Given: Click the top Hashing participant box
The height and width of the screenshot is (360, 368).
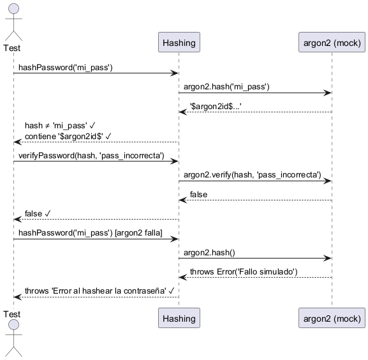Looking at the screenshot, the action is point(179,42).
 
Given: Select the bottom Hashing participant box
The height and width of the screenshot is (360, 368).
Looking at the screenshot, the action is point(179,318).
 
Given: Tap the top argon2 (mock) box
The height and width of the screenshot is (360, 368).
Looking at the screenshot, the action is point(332,42).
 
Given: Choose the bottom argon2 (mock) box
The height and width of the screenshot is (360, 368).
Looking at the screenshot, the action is point(332,318).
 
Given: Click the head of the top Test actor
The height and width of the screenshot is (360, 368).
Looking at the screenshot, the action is point(13,9).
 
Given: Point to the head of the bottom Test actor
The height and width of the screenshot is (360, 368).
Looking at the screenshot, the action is point(13,325).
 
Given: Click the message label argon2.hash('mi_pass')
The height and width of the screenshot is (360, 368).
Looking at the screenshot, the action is point(226,87).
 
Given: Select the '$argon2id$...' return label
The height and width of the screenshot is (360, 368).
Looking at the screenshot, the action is point(216,107).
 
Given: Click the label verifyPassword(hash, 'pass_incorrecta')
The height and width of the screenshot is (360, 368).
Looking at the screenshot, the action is point(91,156).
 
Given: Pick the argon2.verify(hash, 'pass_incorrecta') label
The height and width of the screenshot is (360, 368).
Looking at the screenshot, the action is point(253,175).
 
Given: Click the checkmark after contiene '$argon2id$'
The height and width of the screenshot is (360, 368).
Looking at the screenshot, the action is point(108,136).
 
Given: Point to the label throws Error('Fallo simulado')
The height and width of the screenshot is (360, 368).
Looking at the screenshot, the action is point(244,272).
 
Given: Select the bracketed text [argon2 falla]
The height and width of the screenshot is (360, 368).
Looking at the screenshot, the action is point(138,233).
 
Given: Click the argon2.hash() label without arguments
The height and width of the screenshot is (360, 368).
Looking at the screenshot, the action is point(209,252).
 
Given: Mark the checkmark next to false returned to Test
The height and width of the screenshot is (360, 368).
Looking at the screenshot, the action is point(47,213).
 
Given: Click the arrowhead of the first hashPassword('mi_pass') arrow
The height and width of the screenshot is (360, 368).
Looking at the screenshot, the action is point(175,73).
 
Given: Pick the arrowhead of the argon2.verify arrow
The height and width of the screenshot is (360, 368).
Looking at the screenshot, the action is point(327,181).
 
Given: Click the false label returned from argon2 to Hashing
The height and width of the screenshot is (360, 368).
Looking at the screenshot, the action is point(198,195).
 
